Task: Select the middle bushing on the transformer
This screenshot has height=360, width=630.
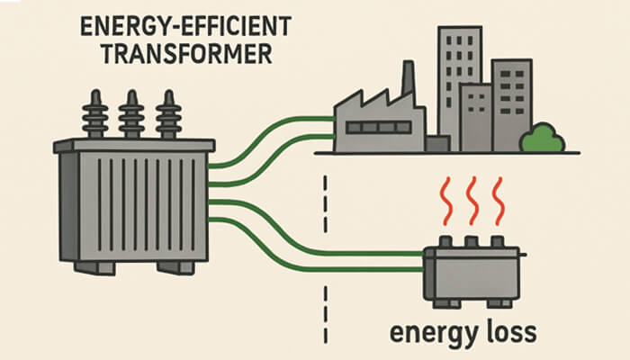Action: pyautogui.click(x=131, y=114)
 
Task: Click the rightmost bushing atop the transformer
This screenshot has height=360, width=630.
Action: pyautogui.click(x=167, y=114)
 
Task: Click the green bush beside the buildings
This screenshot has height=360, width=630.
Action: pyautogui.click(x=542, y=137)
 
